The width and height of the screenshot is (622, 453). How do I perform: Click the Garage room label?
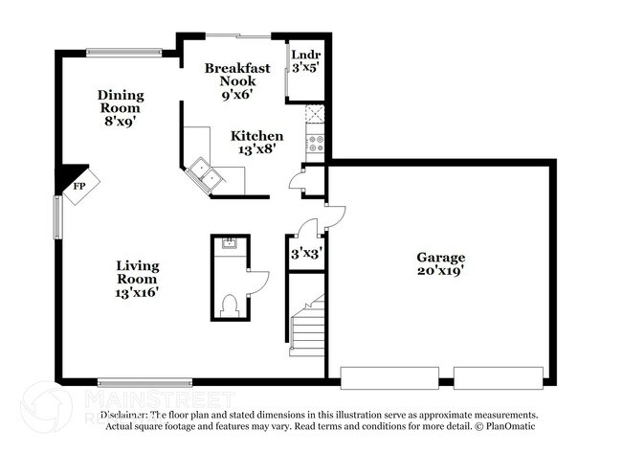[440, 263]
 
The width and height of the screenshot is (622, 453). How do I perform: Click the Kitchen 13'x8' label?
[256, 143]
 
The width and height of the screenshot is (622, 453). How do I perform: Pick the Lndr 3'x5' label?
[305, 61]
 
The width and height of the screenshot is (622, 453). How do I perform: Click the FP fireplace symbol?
[79, 187]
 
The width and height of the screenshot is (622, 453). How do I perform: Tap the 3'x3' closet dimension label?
[305, 255]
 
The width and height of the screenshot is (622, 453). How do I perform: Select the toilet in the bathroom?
[229, 305]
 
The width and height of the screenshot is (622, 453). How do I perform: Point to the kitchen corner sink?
[205, 174]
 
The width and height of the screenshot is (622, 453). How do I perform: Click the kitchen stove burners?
[315, 146]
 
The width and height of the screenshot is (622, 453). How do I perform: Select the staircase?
[308, 326]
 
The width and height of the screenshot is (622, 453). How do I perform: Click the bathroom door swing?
[257, 283]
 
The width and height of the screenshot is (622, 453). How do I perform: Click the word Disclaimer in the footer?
[118, 415]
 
